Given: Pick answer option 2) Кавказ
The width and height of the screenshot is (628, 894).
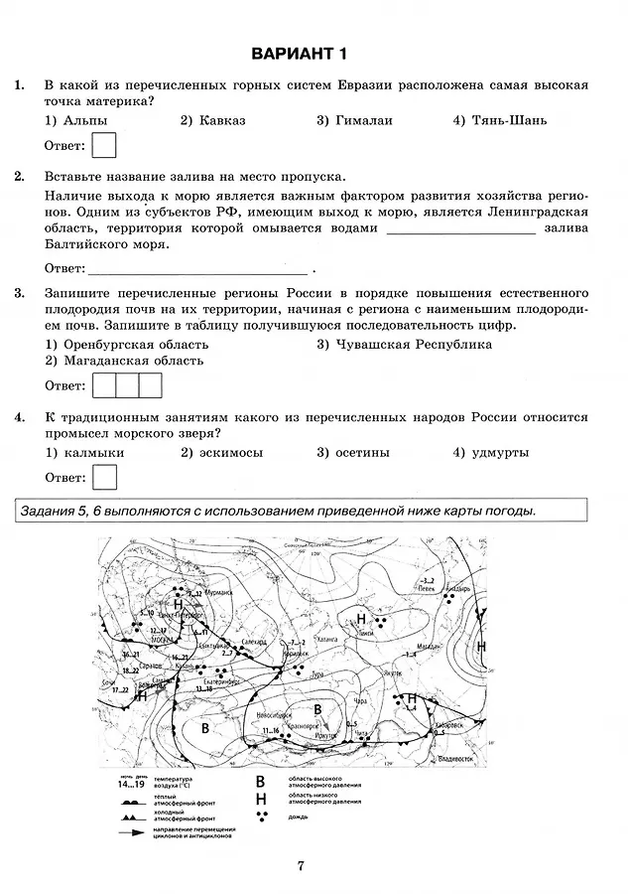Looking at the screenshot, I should [212, 120].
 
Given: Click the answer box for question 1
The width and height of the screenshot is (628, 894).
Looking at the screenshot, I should [103, 146].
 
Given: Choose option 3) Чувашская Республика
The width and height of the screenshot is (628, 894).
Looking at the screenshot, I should [404, 344].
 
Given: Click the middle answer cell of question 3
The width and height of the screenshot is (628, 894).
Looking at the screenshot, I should [126, 385].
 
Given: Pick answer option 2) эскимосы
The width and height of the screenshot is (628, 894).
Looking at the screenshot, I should [221, 452].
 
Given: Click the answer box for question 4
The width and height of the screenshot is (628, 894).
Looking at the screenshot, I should [103, 478].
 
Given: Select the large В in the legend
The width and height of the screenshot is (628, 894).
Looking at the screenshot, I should [261, 782].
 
